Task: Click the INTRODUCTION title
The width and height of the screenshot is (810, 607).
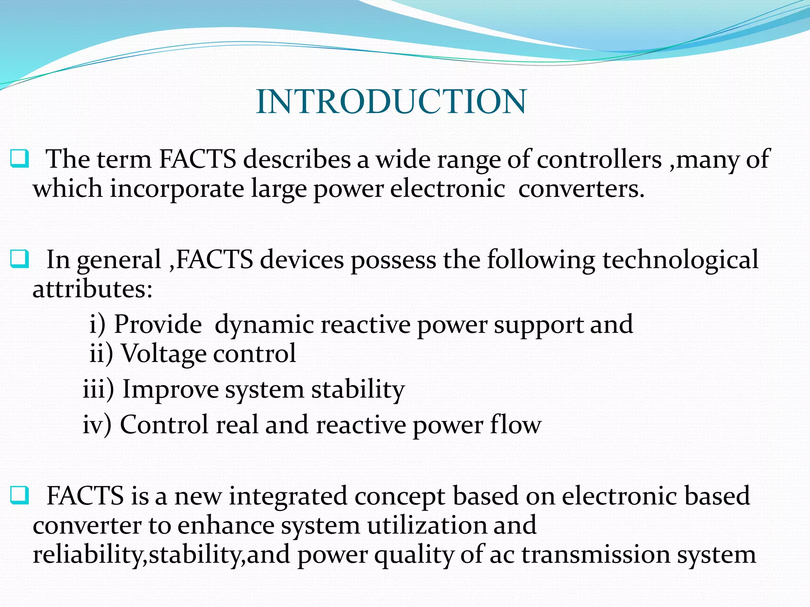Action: coord(391,102)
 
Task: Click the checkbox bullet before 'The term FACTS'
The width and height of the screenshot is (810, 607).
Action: coord(19,159)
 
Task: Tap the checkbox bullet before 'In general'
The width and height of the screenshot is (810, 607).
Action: coord(19,259)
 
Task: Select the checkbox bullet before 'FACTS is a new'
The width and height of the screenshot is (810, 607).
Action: coord(19,496)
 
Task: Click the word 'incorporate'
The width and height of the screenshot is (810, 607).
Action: coord(177,189)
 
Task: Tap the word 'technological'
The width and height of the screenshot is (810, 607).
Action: coord(680,260)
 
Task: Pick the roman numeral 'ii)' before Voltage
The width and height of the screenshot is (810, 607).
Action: coord(101,353)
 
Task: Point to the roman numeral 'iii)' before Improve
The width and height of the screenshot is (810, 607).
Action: coord(98,389)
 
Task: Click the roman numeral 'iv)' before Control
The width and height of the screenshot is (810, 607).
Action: coord(97,424)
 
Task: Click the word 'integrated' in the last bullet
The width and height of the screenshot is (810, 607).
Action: coord(288,496)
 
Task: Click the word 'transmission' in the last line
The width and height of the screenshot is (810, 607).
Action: coord(595,554)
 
